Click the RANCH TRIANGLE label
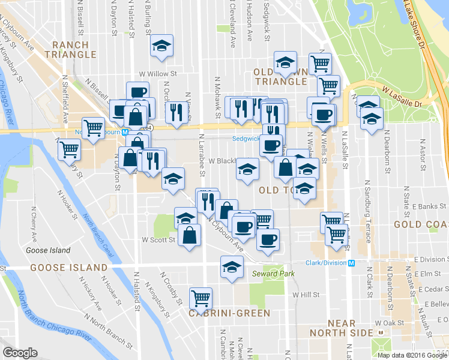point(75,50)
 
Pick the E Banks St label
point(414,206)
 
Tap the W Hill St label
point(306,295)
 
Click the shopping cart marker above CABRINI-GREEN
point(200,297)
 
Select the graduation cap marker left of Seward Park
point(232,266)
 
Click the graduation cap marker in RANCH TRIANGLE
point(161,47)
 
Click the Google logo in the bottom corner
point(20,353)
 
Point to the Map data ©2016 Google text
point(413,355)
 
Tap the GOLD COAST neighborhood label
point(421,224)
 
